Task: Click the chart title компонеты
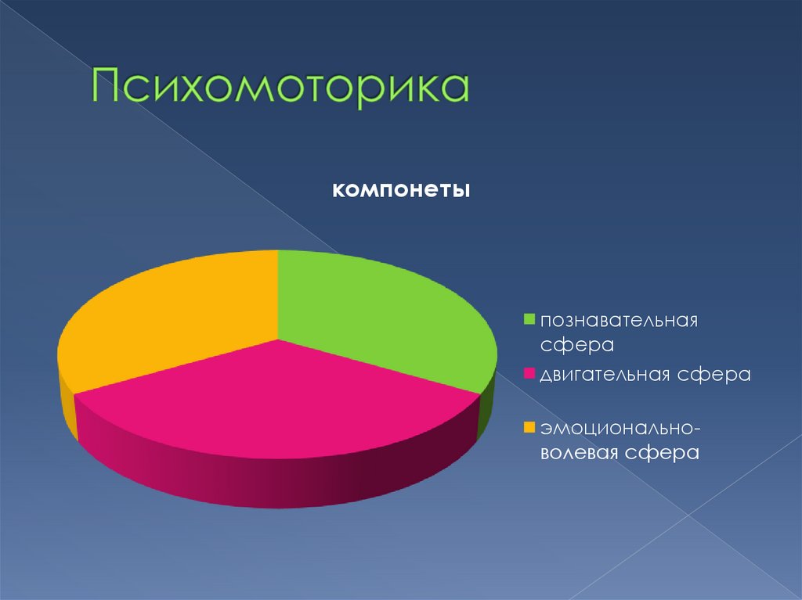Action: pos(401,190)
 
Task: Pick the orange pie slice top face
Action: pos(172,313)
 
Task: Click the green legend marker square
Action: pos(529,319)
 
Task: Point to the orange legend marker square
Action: pos(529,427)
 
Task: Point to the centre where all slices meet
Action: pos(278,340)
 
